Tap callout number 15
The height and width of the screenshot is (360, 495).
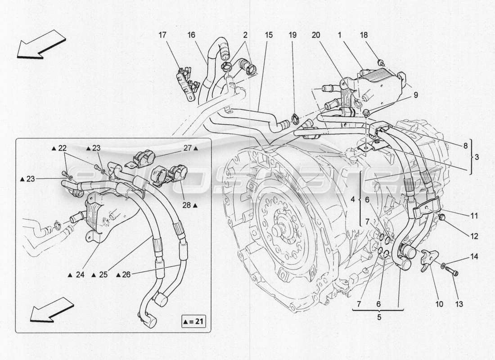pyautogui.click(x=269, y=35)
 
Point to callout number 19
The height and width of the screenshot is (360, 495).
pyautogui.click(x=292, y=35)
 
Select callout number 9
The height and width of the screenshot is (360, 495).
pyautogui.click(x=415, y=95)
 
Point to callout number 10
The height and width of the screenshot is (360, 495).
pyautogui.click(x=439, y=304)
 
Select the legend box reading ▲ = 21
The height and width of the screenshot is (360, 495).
pyautogui.click(x=193, y=321)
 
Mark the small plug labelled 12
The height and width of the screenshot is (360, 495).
pyautogui.click(x=442, y=218)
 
